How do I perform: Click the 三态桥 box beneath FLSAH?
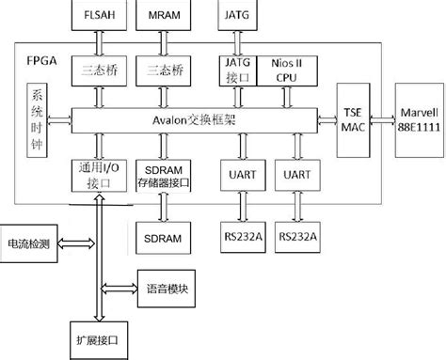tap(99, 70)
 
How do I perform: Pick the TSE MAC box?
tap(351, 119)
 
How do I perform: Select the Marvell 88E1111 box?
tap(414, 119)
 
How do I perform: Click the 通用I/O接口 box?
tap(98, 176)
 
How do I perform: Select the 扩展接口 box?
tap(98, 336)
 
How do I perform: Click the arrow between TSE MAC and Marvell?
tap(379, 119)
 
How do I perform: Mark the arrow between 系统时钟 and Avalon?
tap(61, 119)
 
